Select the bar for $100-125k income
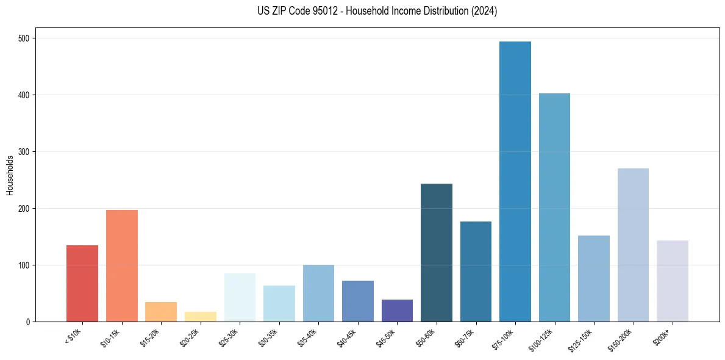[x=554, y=207]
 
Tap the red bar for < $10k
[x=82, y=284]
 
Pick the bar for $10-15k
[x=122, y=266]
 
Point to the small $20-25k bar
[x=201, y=317]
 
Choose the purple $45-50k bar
[x=397, y=311]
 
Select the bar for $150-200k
[x=633, y=245]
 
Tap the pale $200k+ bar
[x=673, y=281]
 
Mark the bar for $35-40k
[x=318, y=293]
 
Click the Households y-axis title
[x=10, y=175]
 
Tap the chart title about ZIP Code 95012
[x=377, y=11]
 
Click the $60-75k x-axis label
[x=469, y=337]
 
